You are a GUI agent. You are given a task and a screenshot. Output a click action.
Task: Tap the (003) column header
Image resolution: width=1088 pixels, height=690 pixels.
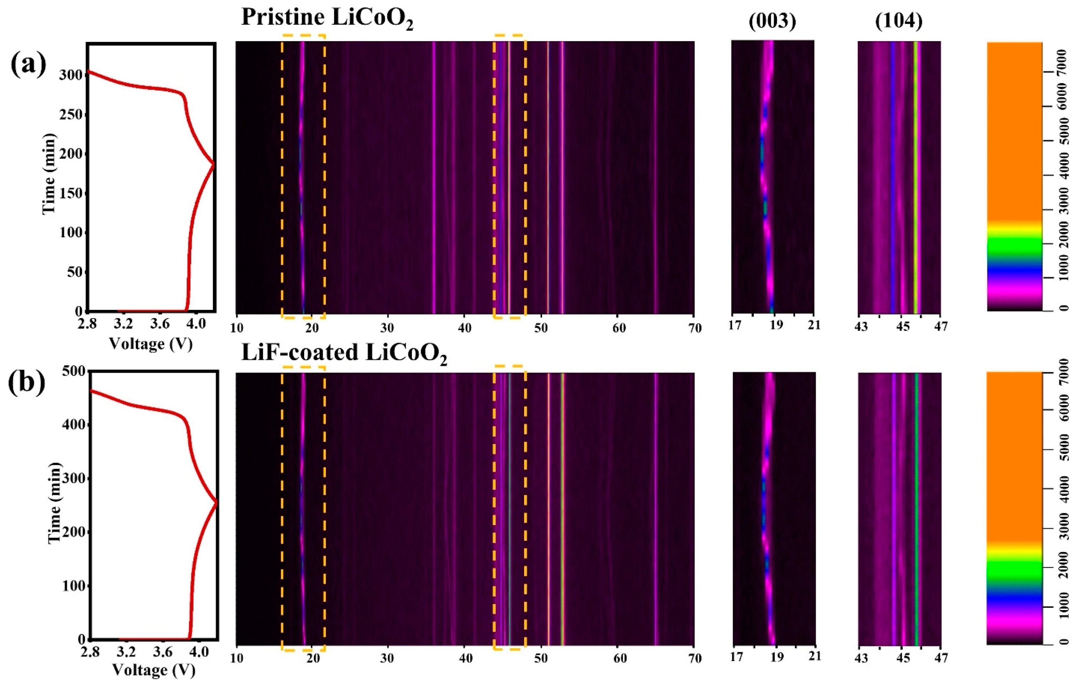tap(772, 22)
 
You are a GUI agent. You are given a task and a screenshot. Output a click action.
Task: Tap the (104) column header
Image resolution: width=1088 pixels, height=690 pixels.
tap(898, 22)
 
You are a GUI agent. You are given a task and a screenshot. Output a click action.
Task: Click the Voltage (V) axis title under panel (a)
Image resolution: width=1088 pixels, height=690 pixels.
tap(151, 344)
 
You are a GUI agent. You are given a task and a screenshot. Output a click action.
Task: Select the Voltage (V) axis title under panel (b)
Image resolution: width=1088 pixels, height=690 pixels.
tap(154, 670)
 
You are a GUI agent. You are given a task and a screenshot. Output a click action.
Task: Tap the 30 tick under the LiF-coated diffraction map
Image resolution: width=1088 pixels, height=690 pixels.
tap(387, 658)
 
